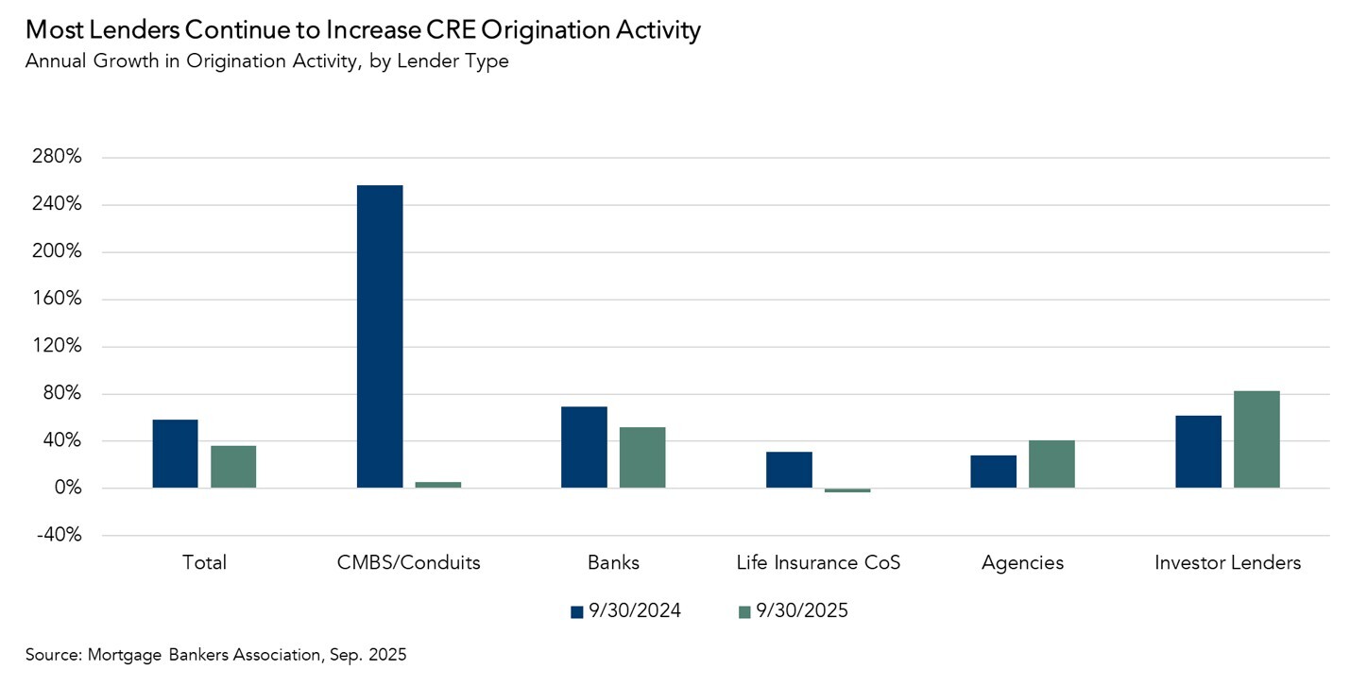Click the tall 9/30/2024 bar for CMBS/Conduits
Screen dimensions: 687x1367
coord(380,336)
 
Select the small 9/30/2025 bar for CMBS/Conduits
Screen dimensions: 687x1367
coord(438,485)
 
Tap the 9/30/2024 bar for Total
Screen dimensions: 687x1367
coord(176,454)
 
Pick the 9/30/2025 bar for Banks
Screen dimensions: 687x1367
coord(642,457)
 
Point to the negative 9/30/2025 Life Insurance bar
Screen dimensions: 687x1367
coord(847,490)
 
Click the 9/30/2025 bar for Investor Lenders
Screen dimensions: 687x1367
coord(1256,439)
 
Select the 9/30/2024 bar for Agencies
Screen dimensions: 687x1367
coord(993,472)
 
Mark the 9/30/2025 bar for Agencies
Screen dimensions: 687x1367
coord(1051,464)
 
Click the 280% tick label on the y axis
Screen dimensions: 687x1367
coord(57,158)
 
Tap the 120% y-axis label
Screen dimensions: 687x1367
coord(57,347)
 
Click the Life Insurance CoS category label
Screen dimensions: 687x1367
coord(818,563)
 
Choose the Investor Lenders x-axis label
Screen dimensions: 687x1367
coord(1227,563)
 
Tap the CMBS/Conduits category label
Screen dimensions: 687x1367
coord(409,563)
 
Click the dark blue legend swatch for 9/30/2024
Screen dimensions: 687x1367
coord(577,612)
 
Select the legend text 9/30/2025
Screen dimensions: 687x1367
coord(802,611)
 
